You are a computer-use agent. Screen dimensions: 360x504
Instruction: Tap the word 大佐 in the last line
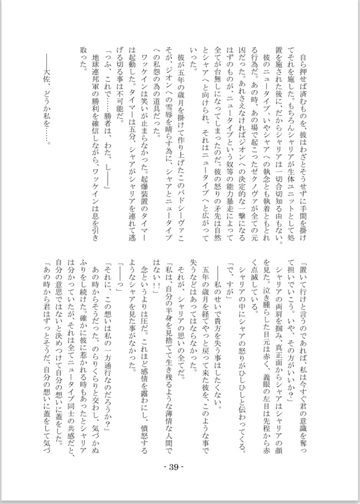tap(52, 71)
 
